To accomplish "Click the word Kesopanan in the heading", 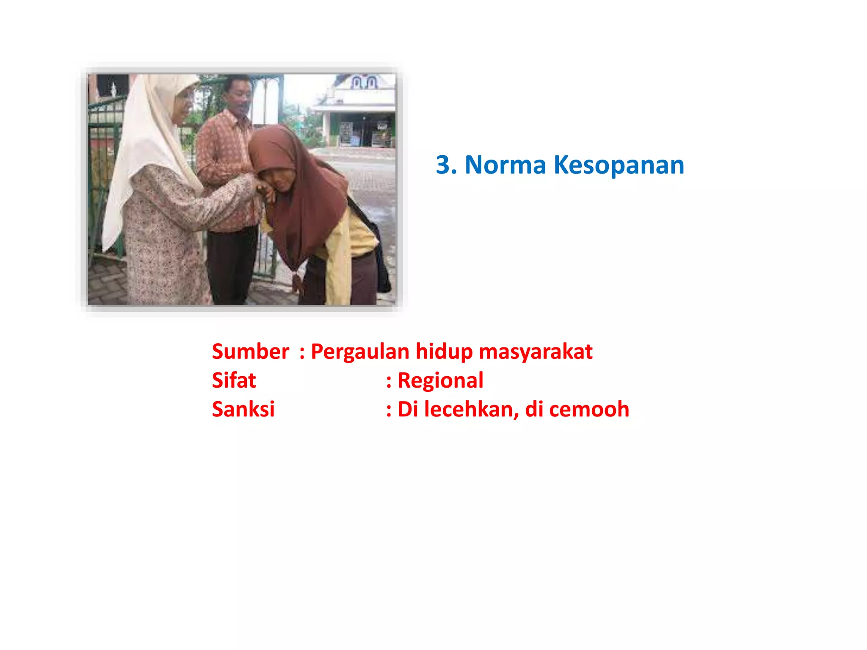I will coord(618,165).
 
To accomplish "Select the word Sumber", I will coord(251,352).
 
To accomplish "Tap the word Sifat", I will coord(234,380).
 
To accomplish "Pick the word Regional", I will coord(440,380).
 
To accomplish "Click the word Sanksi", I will coord(243,409).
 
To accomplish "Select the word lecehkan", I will coord(471,409).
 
